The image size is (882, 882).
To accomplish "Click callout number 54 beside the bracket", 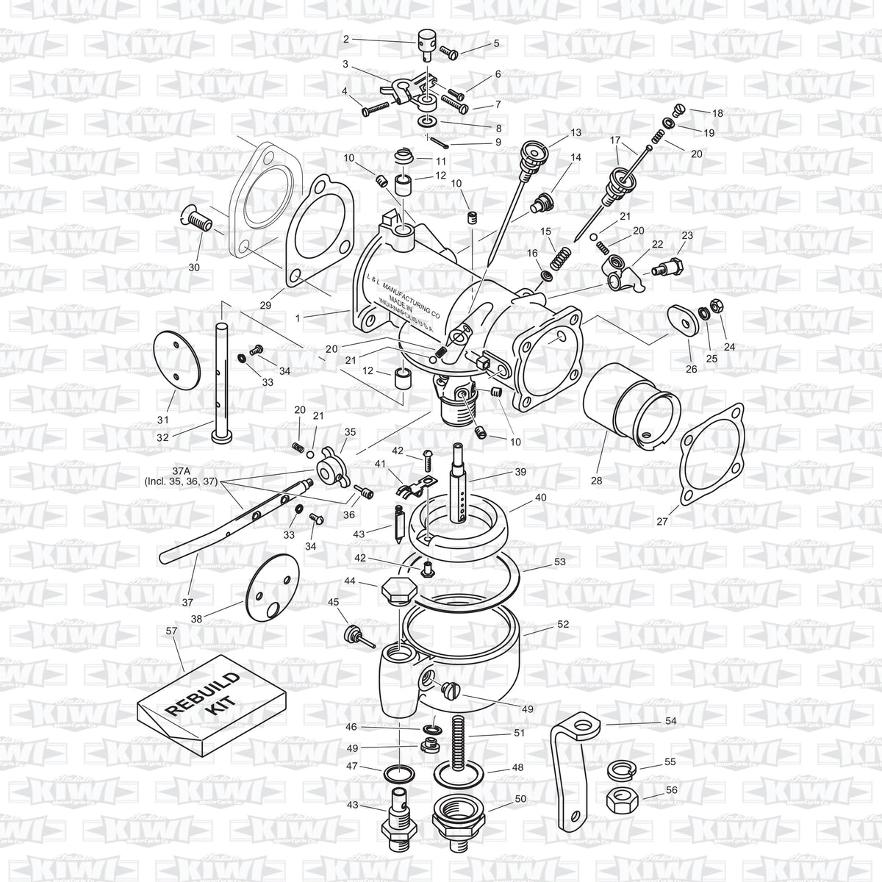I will coord(670,721).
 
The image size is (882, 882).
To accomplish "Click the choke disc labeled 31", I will coord(175,361).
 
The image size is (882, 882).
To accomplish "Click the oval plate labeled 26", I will coord(683,320).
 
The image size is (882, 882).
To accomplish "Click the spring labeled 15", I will coord(561,257).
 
